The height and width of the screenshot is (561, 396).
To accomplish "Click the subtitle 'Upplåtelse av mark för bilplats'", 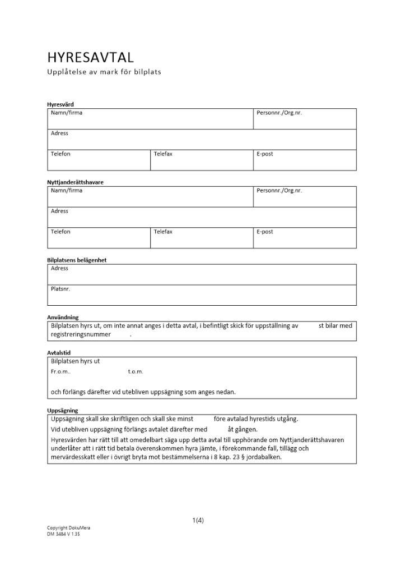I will pos(104,72).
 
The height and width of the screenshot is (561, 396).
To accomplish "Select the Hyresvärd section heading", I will pos(60,104).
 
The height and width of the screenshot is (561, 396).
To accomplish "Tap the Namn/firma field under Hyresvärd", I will pos(150,119).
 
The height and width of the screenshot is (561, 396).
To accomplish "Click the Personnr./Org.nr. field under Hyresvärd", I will pos(305,119).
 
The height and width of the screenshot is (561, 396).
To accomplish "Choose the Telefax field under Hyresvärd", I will pos(202,160).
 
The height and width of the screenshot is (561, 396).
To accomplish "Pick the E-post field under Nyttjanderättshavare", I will pos(305,238).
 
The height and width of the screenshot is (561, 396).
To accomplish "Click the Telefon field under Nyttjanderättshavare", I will pos(99,238).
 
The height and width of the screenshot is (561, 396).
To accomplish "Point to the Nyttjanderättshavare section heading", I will pos(75,182).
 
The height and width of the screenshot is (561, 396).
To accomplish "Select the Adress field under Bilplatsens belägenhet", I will pos(202,274).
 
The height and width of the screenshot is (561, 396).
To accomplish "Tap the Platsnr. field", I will pos(202,295).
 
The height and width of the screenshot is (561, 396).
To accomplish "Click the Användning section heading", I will pos(63,317).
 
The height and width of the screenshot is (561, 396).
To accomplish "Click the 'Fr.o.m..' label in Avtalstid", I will pos(61,372).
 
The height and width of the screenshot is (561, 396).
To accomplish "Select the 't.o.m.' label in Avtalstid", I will pos(136,372).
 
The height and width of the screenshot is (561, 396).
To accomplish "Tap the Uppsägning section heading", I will pos(63,410).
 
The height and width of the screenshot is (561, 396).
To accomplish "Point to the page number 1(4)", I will pos(198,520).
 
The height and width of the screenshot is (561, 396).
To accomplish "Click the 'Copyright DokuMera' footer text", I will pos(68,528).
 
